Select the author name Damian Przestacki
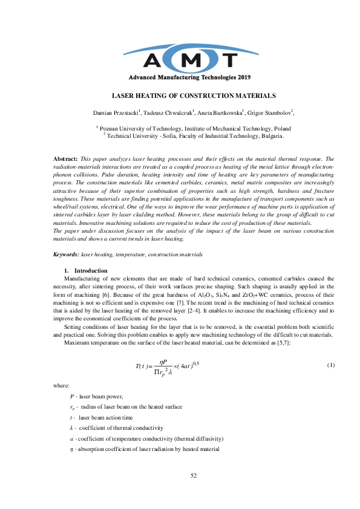coord(116,112)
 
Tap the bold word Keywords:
coord(67,256)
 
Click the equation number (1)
coord(330,365)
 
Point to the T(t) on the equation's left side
coord(144,366)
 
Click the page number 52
coord(194,476)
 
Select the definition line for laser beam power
coord(97,396)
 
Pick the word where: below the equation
coord(61,384)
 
